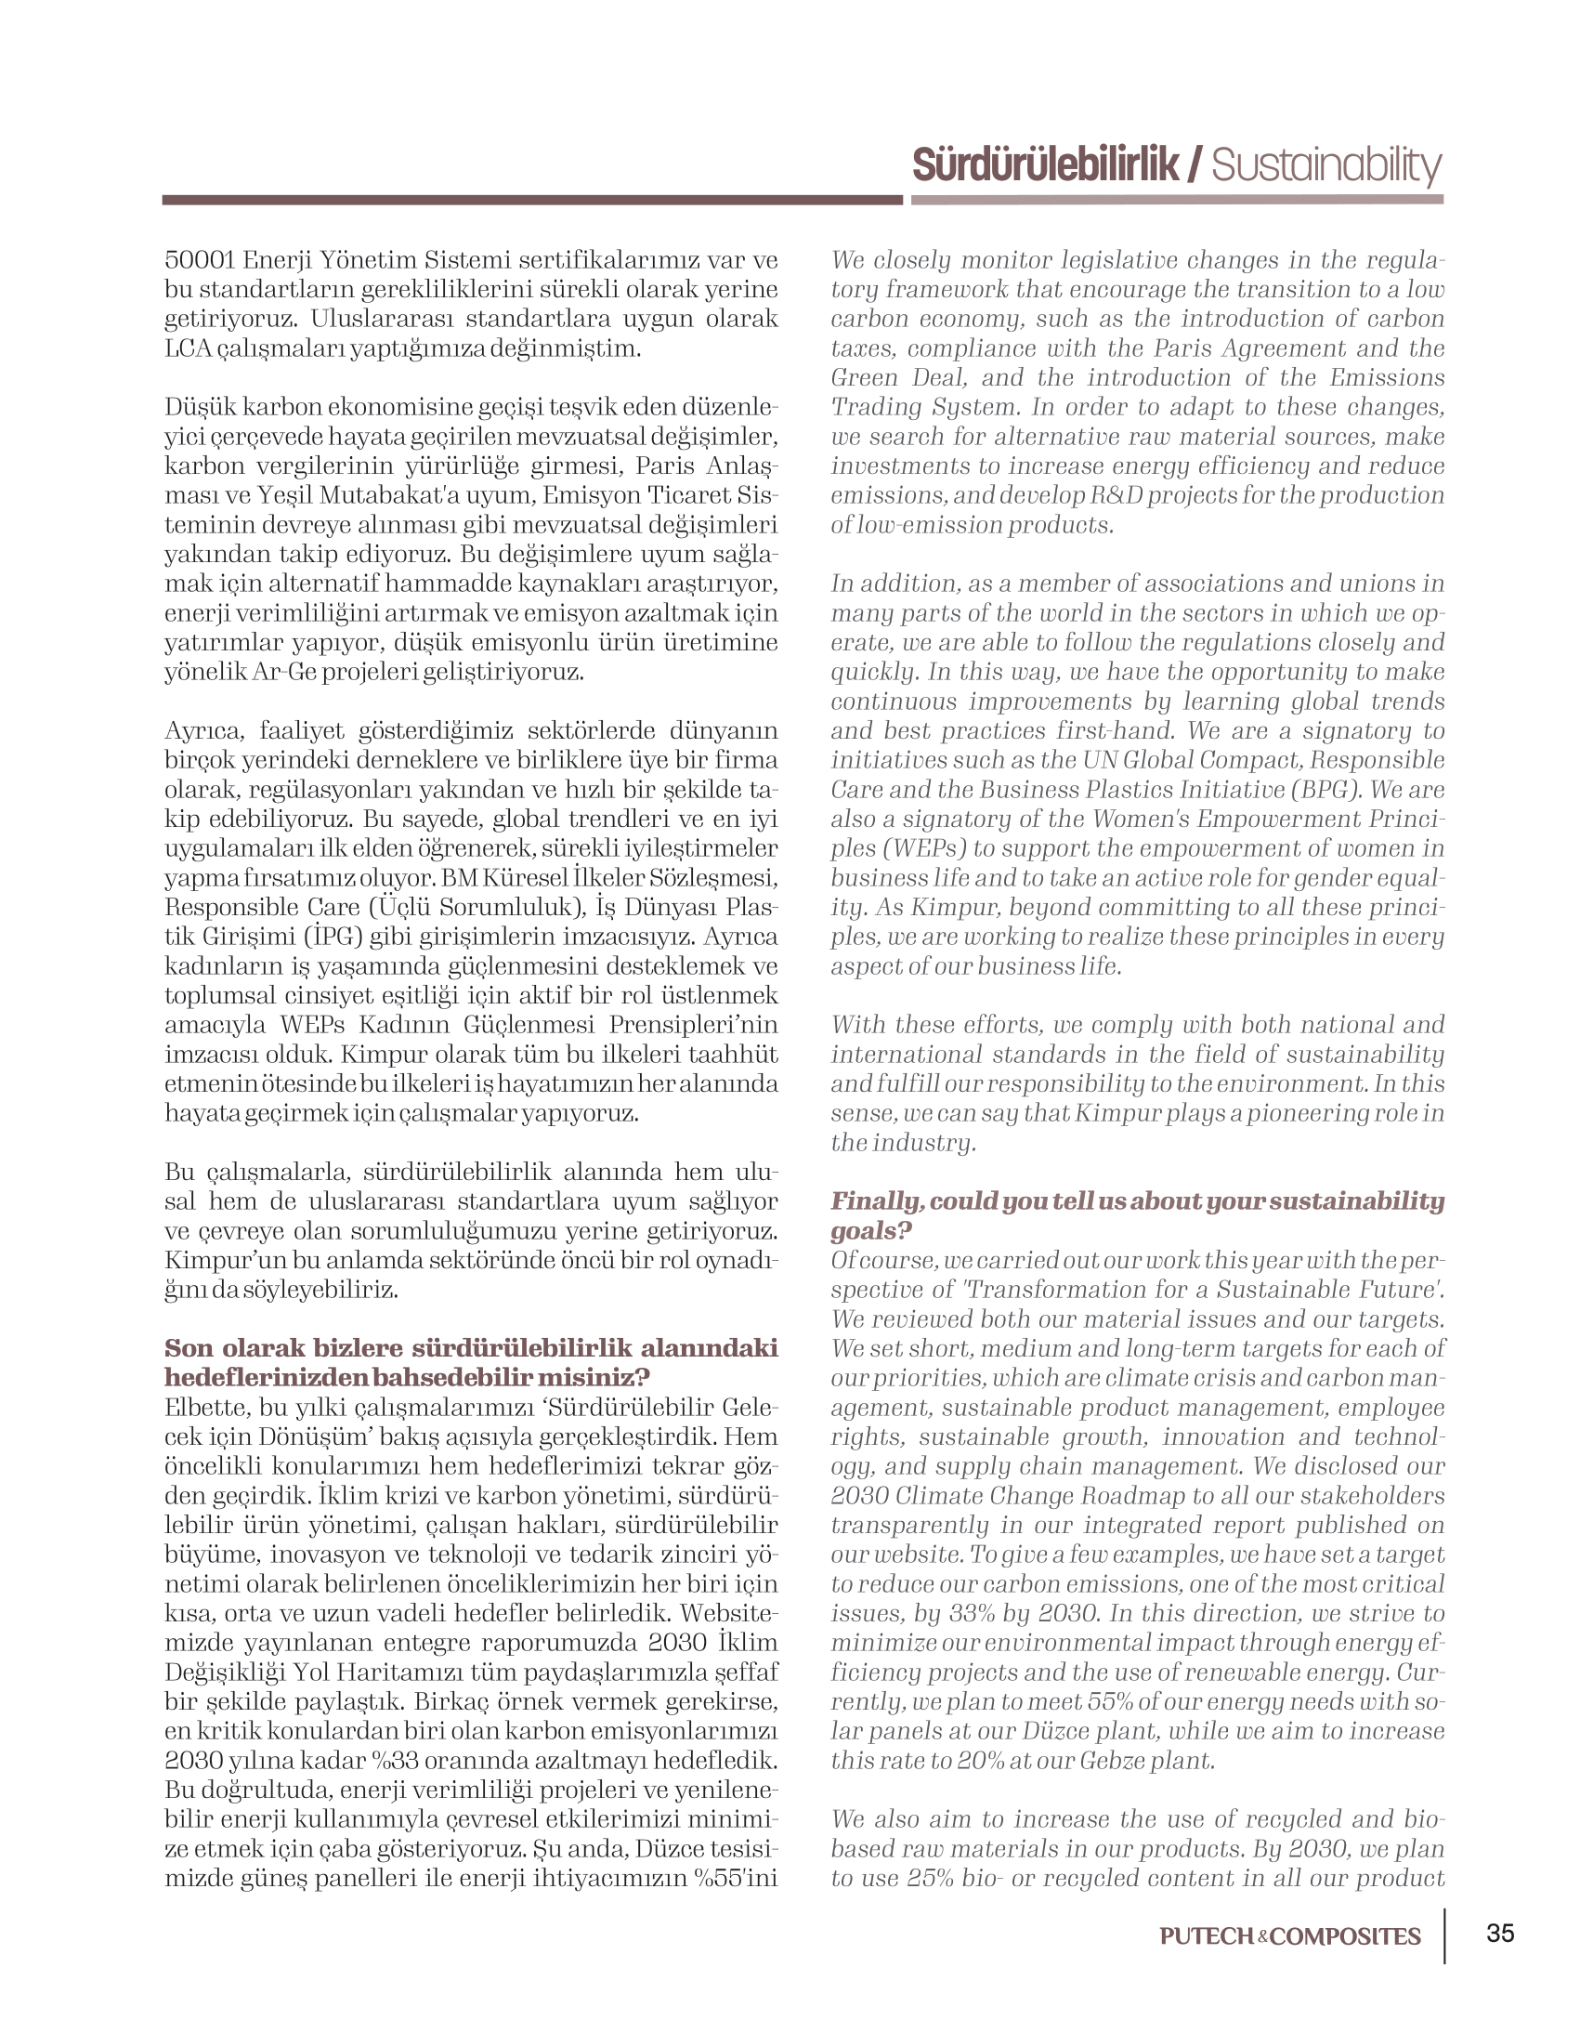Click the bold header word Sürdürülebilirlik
tap(1046, 165)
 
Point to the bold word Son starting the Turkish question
tap(188, 1348)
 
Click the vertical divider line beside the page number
tap(1445, 1936)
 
